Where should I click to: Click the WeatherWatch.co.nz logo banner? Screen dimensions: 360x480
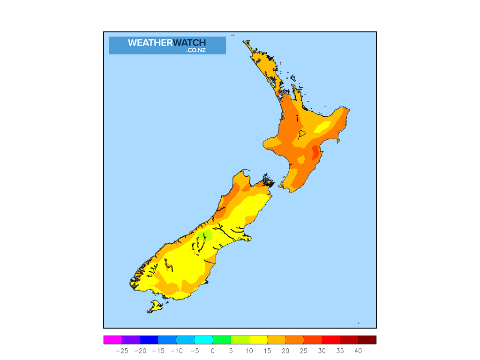point(167,45)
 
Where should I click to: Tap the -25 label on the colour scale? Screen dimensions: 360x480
point(122,351)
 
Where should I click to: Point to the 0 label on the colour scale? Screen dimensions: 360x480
point(212,351)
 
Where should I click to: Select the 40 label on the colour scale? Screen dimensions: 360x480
point(358,351)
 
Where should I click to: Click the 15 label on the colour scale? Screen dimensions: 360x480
point(267,351)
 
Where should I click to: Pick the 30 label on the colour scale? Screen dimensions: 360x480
point(322,351)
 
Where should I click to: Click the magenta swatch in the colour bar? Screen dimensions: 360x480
point(112,340)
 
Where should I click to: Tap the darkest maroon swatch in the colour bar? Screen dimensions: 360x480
point(367,340)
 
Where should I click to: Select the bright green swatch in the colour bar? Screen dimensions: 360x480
point(222,340)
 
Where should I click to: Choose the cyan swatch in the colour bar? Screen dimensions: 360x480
point(203,340)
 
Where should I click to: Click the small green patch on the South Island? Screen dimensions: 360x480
point(205,235)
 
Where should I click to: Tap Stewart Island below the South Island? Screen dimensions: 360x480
point(155,307)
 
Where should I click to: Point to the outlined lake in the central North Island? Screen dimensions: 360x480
point(302,134)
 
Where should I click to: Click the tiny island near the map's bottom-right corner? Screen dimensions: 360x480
point(359,322)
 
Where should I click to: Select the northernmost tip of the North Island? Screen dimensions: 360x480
point(244,42)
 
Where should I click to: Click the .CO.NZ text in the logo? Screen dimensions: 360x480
point(195,50)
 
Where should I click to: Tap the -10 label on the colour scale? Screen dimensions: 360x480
point(176,351)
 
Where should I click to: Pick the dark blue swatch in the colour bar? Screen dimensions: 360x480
point(149,340)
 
